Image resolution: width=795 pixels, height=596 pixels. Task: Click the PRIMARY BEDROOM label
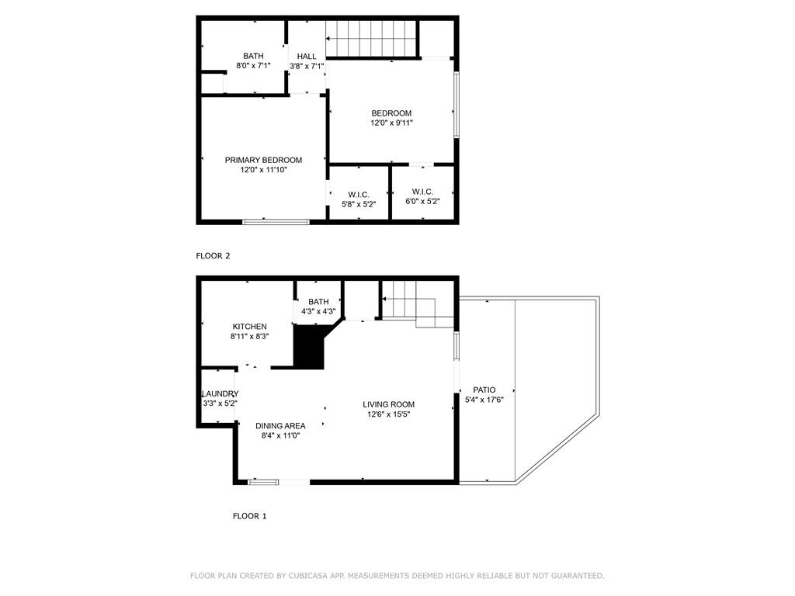point(263,160)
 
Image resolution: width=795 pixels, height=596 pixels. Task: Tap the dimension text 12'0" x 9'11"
point(391,123)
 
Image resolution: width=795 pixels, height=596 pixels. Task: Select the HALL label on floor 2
point(307,56)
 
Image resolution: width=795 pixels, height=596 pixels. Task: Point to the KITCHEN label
point(249,327)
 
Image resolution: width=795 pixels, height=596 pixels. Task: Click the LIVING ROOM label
point(388,404)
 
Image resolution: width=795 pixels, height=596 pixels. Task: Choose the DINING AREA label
point(280,426)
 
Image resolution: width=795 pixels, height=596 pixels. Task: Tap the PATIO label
point(484,390)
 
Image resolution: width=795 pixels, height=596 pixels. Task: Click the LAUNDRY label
point(220,393)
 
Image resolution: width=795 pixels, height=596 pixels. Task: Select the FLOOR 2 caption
point(213,256)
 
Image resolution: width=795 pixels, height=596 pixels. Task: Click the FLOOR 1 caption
point(249,516)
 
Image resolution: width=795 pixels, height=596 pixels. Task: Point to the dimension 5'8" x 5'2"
point(359,204)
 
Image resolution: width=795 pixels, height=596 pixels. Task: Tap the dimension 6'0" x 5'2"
point(422,201)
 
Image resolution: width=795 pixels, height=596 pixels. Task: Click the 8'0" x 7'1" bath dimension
point(253,65)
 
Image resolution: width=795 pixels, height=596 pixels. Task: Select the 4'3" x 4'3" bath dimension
point(318,311)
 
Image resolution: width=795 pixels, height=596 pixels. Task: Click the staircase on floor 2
point(371,39)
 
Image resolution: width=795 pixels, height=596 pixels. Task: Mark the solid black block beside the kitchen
point(308,347)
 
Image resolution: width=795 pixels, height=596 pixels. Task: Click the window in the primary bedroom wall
point(276,221)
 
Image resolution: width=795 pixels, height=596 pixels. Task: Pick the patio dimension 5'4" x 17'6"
point(484,400)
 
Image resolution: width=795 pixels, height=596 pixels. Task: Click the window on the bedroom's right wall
point(457,105)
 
